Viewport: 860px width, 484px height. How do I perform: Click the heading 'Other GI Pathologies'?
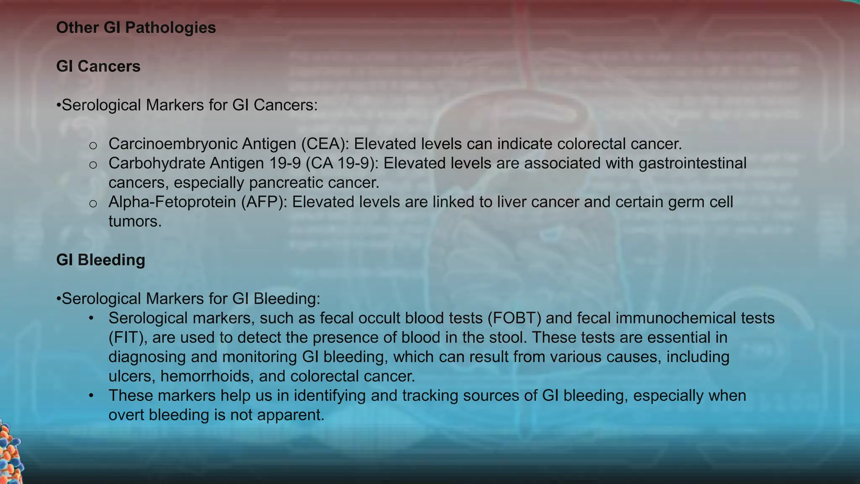[x=136, y=28]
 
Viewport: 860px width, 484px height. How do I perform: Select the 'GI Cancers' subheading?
[x=98, y=66]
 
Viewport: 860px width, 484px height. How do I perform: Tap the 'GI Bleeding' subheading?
[x=101, y=260]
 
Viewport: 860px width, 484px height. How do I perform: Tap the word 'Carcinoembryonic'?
[x=173, y=144]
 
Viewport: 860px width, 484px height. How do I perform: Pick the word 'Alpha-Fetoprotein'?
[x=172, y=202]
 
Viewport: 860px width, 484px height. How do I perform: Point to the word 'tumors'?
[x=134, y=221]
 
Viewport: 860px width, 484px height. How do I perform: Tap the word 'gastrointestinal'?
[x=692, y=163]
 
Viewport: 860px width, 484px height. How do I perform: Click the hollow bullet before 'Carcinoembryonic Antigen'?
[x=93, y=146]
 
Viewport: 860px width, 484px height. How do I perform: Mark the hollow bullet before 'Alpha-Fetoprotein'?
[x=93, y=204]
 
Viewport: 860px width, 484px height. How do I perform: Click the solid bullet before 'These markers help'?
[x=91, y=396]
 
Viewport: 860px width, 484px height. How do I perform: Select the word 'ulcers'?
[x=132, y=376]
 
